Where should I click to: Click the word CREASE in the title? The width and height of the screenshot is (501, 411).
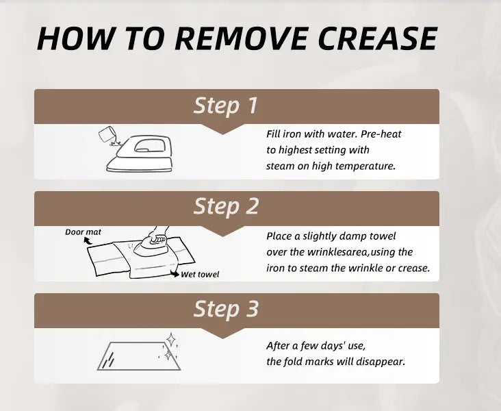point(377,38)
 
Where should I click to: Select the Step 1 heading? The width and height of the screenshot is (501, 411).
point(225,105)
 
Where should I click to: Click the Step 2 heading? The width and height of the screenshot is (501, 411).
point(226,206)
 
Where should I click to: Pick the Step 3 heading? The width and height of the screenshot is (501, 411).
point(226,309)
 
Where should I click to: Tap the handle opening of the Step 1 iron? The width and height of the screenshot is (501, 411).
point(149,145)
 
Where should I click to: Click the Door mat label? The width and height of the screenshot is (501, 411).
point(83,232)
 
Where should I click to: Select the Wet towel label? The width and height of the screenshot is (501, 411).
point(200,275)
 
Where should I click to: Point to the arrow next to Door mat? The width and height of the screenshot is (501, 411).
point(87,241)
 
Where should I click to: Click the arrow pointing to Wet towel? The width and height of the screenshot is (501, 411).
point(175,273)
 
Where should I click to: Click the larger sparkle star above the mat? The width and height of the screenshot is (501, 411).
point(171,340)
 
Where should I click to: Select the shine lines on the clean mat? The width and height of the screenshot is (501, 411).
point(110,360)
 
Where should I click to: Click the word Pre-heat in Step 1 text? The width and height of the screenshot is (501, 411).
point(381,134)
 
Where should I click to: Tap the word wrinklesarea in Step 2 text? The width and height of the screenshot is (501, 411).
point(337,252)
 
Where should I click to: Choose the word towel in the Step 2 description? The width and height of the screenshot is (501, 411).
point(383,236)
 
